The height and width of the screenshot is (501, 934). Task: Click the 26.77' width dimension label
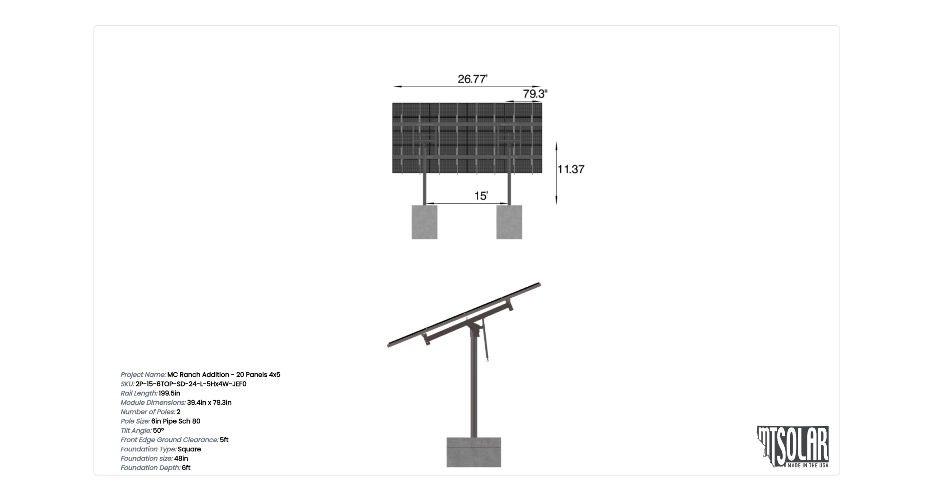[x=472, y=79]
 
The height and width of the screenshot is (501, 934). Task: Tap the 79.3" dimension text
[x=535, y=94]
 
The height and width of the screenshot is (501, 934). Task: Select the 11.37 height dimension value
[x=571, y=169]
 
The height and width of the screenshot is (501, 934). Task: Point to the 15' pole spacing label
[x=481, y=196]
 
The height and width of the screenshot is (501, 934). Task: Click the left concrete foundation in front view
[x=424, y=222]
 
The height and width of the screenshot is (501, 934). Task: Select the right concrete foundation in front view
[x=509, y=222]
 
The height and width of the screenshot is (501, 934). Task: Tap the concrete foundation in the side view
[x=474, y=452]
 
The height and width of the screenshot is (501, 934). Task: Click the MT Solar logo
[x=793, y=447]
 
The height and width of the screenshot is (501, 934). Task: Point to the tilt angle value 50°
[x=158, y=431]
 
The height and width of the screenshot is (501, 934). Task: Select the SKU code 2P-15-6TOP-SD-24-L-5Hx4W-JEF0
[x=191, y=384]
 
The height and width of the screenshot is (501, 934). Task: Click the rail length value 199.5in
[x=169, y=393]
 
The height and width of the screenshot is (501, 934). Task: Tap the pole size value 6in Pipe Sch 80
[x=176, y=421]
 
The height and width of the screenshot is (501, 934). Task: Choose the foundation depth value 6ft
[x=186, y=468]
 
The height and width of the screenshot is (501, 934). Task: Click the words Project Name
[x=143, y=375]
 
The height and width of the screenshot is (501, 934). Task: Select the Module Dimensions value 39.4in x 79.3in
[x=209, y=402]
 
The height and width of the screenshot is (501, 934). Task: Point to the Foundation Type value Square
[x=189, y=449]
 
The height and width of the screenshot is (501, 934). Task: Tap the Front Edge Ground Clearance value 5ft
[x=224, y=440]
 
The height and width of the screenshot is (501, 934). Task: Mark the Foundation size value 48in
[x=181, y=458]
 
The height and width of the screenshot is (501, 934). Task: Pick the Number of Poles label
[x=148, y=412]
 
